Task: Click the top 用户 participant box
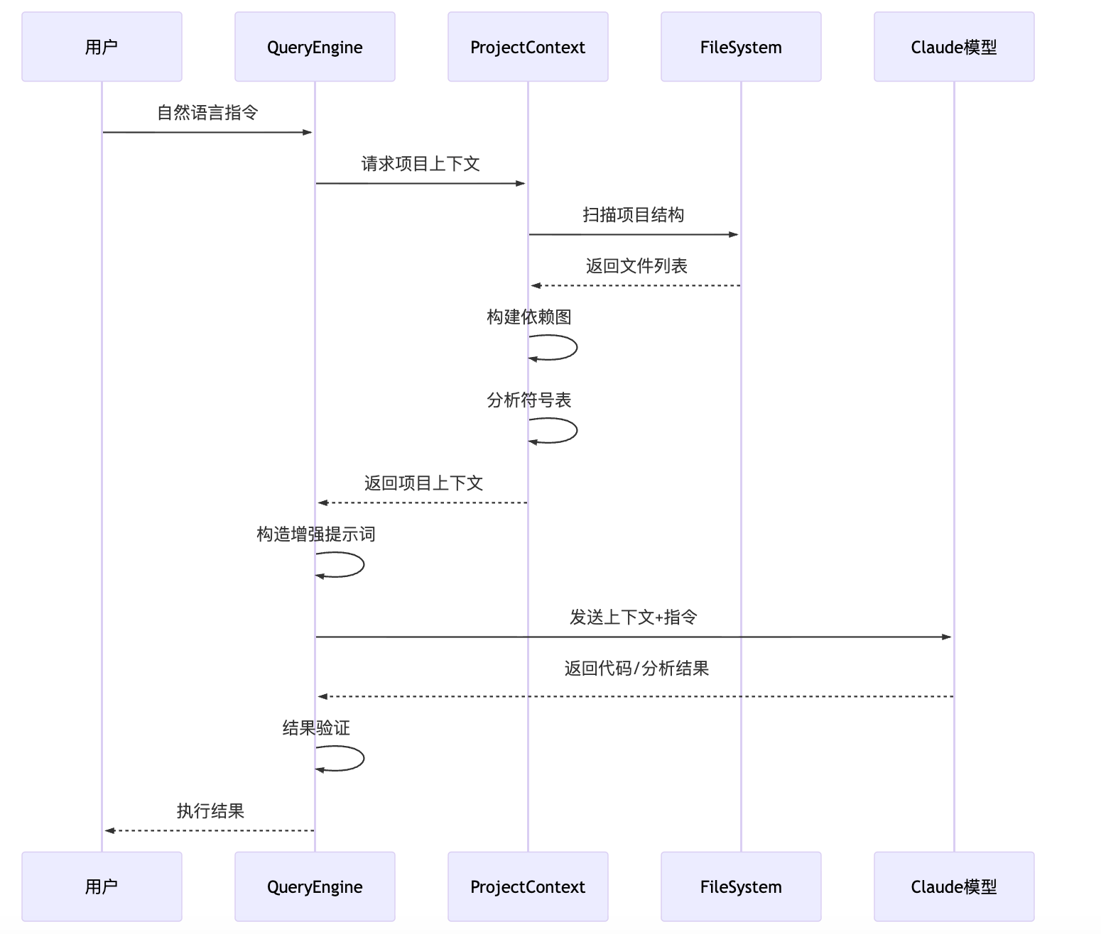tap(102, 47)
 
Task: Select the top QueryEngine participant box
tap(315, 47)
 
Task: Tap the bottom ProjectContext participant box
tap(528, 886)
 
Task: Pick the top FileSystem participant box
tap(741, 47)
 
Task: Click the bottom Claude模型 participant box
tap(954, 886)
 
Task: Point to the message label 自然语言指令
tap(207, 113)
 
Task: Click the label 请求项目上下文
tap(421, 164)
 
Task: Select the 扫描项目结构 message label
tap(634, 215)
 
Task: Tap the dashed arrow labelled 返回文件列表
tap(636, 285)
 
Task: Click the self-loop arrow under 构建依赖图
tap(576, 348)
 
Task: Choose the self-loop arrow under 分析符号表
tap(576, 431)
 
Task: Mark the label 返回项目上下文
tap(423, 483)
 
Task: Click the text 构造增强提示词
tap(316, 534)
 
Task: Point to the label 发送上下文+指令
tap(634, 617)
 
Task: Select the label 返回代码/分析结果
tap(636, 669)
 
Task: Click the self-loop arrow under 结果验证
tap(363, 758)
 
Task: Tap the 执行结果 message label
tap(210, 811)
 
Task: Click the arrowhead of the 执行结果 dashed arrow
tap(109, 830)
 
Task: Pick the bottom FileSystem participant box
tap(741, 886)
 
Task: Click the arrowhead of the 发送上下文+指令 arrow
tap(946, 637)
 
